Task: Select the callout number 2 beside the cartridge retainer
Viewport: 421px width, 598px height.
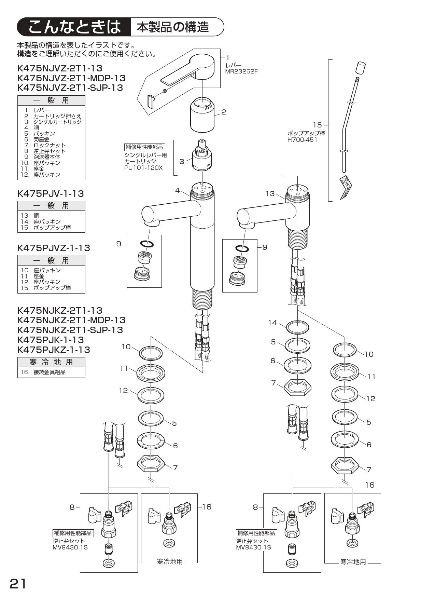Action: (x=224, y=112)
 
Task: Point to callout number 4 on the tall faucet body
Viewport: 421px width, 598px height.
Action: (x=178, y=190)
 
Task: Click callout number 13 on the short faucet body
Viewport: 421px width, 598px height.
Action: (x=270, y=194)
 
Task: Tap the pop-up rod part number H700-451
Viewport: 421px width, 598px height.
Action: (x=302, y=139)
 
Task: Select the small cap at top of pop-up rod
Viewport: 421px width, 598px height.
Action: (x=361, y=68)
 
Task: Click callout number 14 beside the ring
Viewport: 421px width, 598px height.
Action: (x=272, y=323)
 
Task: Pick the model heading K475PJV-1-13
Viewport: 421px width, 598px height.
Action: (x=50, y=193)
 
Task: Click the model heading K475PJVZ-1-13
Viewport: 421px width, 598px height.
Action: (x=54, y=248)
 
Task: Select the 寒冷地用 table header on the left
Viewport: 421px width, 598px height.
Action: (x=51, y=362)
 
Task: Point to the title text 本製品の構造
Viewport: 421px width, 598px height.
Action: (x=173, y=27)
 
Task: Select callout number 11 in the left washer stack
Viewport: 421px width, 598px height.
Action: (x=124, y=368)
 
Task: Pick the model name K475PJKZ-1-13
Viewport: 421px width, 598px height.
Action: (x=54, y=350)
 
